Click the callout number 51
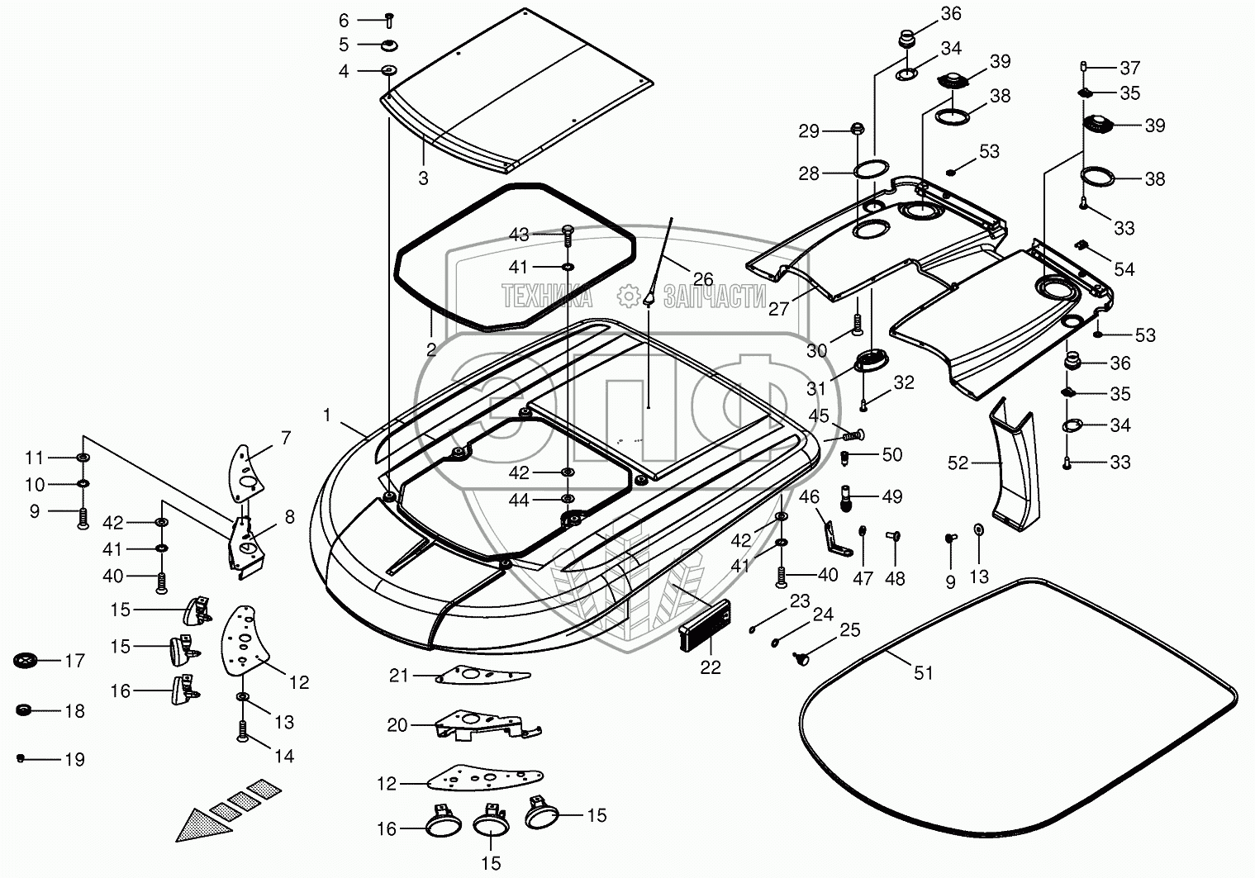(x=923, y=673)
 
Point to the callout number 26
(x=702, y=279)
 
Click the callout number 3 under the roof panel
(x=423, y=178)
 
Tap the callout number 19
(x=75, y=759)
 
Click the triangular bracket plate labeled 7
(x=245, y=472)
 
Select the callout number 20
(x=397, y=725)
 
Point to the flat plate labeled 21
(x=483, y=675)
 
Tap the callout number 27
(x=779, y=309)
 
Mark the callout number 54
(x=1124, y=269)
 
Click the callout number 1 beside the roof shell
(x=326, y=415)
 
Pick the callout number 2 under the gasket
(x=430, y=349)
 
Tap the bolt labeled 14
(x=242, y=732)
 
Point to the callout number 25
(x=849, y=631)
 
